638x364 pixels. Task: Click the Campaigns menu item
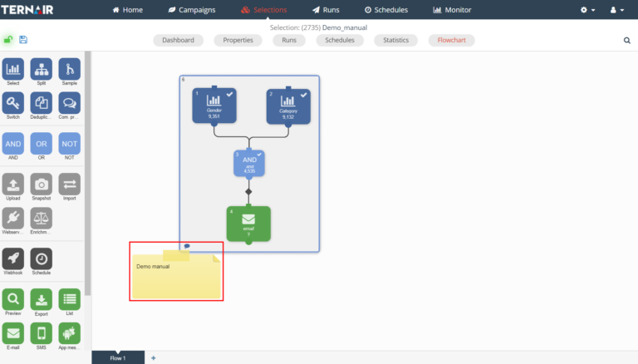pos(192,10)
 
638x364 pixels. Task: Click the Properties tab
pos(238,40)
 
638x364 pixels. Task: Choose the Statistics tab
pos(395,40)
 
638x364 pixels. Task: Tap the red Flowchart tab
pos(451,40)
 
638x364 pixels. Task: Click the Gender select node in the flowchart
pos(213,105)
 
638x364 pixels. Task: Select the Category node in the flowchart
pos(288,105)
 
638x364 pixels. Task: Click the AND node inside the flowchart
pos(249,163)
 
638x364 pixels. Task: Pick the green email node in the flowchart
pos(248,224)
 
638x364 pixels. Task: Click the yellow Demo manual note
pos(176,273)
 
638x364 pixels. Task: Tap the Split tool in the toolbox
pos(42,71)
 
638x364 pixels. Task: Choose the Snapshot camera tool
pos(42,185)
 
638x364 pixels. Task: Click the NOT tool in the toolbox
pos(70,143)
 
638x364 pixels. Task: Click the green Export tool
pos(42,300)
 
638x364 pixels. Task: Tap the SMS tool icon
pos(42,333)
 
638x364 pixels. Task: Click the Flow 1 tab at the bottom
pos(118,357)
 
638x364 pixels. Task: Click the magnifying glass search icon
pos(626,40)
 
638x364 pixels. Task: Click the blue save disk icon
pos(22,39)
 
